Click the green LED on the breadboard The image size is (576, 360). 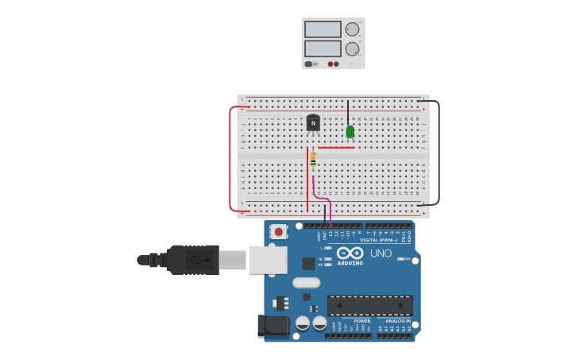pos(350,132)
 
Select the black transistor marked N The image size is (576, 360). pos(313,123)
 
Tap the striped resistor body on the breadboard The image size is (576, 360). pos(313,159)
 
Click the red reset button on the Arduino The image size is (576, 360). pos(278,231)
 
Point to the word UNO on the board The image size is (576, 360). pos(381,254)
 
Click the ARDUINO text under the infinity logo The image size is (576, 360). pos(350,263)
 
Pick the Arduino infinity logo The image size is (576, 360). pos(350,253)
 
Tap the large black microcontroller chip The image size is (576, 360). pos(369,305)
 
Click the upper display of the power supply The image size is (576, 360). pos(323,29)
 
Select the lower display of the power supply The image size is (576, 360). pos(323,48)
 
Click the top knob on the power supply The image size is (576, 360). pos(352,29)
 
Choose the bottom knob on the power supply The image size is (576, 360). pos(352,48)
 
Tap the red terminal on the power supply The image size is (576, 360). pos(331,64)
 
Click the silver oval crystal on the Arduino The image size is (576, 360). pos(306,282)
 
